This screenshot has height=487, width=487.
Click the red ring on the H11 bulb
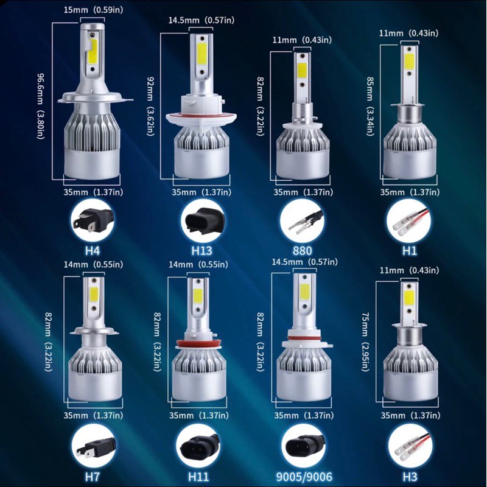click(x=195, y=344)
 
